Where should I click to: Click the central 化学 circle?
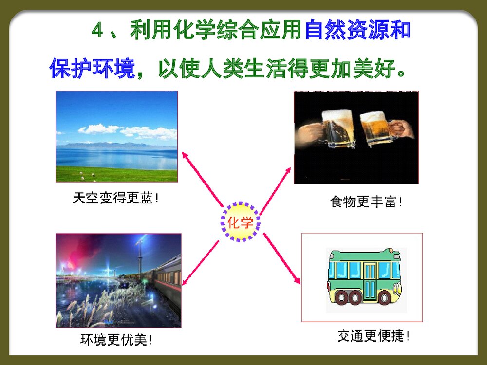(x=241, y=223)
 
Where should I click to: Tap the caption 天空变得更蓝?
(x=116, y=198)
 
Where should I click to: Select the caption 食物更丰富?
(x=366, y=201)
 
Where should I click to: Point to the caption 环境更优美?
(x=116, y=339)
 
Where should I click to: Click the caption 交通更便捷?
(x=374, y=335)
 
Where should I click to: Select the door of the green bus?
(x=370, y=281)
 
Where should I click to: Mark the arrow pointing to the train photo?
(x=200, y=262)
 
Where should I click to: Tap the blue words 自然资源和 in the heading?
(x=357, y=31)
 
